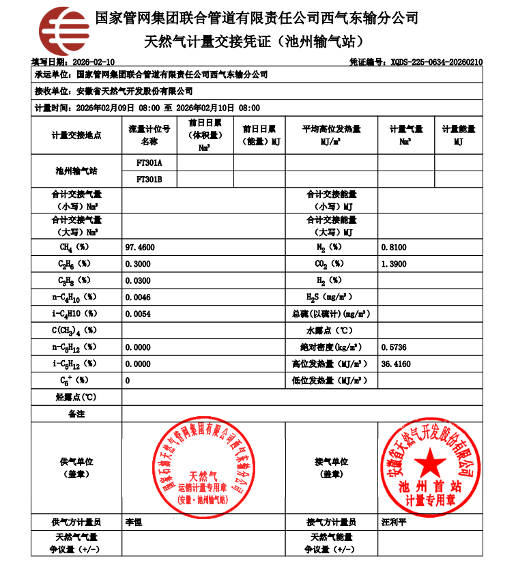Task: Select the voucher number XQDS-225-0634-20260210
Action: click(x=437, y=61)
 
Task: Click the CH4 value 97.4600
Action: click(x=140, y=247)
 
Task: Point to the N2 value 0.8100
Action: click(x=394, y=247)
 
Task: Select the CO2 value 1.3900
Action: click(x=394, y=263)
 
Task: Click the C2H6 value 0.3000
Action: click(x=138, y=263)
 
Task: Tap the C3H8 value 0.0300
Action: click(x=138, y=280)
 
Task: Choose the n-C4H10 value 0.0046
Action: click(x=138, y=297)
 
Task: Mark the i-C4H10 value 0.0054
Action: click(x=138, y=314)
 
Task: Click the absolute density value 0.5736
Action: click(x=394, y=347)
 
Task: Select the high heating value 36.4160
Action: click(x=396, y=364)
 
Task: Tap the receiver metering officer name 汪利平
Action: click(x=393, y=523)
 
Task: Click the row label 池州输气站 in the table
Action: click(x=76, y=171)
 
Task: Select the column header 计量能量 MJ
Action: click(x=458, y=135)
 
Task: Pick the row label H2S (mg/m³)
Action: click(x=330, y=297)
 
